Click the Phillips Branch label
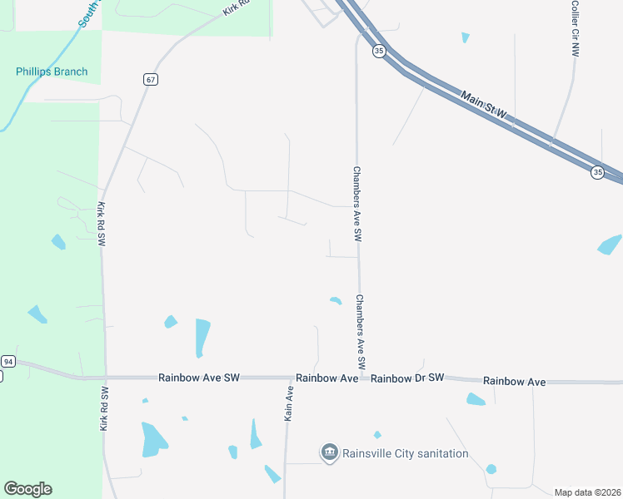coord(52,72)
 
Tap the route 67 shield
coord(150,80)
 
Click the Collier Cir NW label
coord(575,28)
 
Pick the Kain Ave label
coord(289,403)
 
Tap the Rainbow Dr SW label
coord(408,378)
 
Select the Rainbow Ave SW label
coord(199,378)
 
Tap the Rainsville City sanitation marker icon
coord(329,452)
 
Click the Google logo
coord(27,489)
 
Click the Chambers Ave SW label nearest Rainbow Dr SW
coord(361,332)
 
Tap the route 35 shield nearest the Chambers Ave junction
coord(379,52)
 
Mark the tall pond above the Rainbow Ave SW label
coord(202,337)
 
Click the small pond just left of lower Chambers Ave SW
coord(336,300)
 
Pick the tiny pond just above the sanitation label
coord(377,434)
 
